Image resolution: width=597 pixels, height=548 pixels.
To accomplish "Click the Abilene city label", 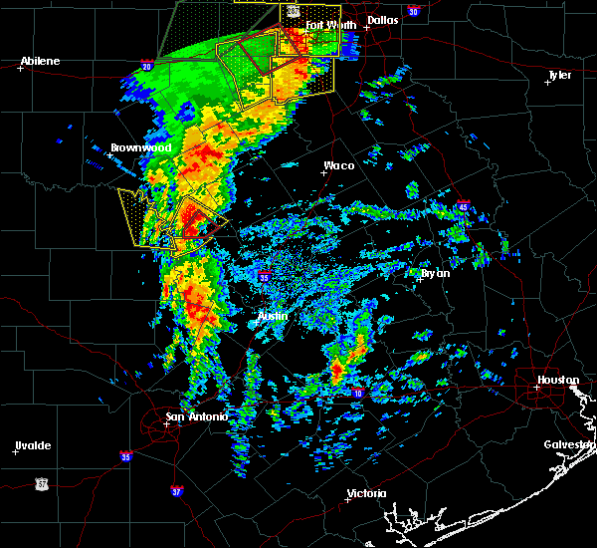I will coord(40,61).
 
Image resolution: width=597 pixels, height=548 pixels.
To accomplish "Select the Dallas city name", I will coord(382,19).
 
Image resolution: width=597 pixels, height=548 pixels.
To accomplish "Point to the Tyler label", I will coord(559,75).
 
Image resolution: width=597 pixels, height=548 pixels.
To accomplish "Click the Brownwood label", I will coord(140,147).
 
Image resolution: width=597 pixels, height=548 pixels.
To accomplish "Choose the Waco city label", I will coord(338,165).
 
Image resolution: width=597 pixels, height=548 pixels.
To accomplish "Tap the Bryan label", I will coord(435,273).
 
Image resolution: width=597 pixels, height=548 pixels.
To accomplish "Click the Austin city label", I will coord(273,316).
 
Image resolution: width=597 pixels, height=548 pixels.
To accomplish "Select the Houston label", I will coord(558,380).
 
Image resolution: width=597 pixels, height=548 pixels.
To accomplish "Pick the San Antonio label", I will coord(196,416).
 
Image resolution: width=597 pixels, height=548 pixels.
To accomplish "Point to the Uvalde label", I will coord(33,445).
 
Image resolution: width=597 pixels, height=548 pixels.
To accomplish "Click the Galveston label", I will coord(569,444).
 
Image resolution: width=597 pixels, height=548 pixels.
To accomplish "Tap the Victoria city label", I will coord(365,493).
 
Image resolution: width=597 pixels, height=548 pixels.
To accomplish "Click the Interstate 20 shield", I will coord(146,67).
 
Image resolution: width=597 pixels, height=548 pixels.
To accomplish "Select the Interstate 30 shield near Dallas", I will coord(413,12).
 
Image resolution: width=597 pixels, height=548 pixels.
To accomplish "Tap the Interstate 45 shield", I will coord(463,206).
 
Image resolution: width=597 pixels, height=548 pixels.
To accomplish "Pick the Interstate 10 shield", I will coord(356,394).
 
